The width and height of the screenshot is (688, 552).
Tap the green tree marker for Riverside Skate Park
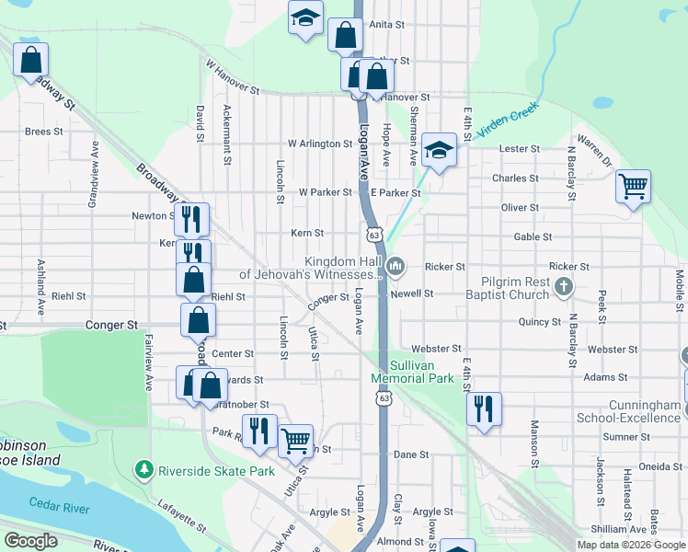point(143,470)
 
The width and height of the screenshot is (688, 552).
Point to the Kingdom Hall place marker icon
point(396,267)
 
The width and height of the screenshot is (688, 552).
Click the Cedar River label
point(58,503)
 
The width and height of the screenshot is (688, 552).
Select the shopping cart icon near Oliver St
point(634,187)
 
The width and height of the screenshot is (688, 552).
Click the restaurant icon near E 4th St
point(484,408)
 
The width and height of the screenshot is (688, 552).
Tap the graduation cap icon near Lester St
point(440,150)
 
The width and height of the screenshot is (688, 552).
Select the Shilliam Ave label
point(618,529)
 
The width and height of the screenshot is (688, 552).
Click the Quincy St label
point(539,322)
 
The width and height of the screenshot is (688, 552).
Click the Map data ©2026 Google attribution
point(630,545)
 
